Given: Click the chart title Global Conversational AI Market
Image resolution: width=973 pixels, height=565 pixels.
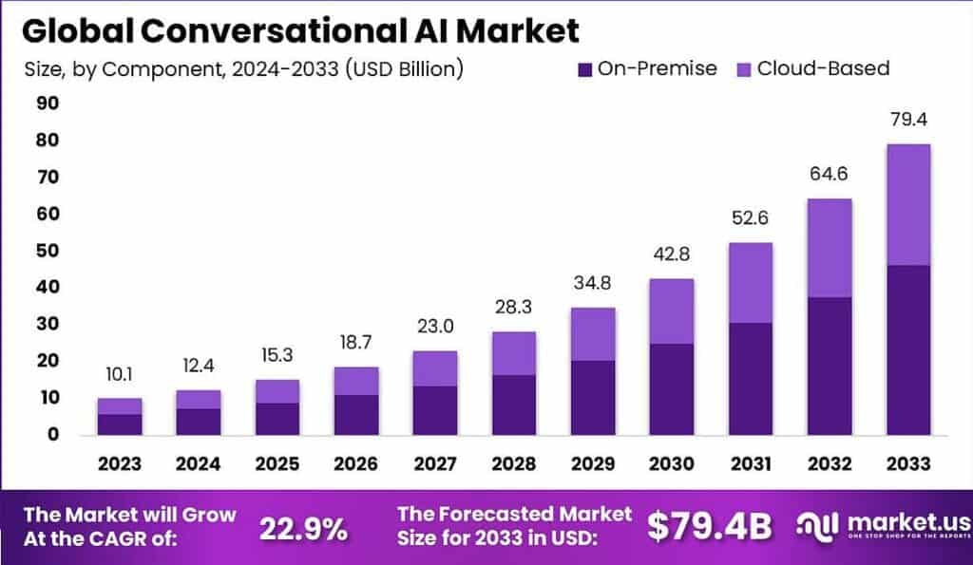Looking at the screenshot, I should point(300,30).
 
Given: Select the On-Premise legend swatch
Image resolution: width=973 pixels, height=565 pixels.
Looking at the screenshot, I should point(585,69).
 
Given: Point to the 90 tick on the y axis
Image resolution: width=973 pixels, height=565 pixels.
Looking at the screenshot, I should point(47,104).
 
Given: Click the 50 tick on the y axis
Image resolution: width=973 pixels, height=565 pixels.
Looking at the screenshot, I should point(47,251).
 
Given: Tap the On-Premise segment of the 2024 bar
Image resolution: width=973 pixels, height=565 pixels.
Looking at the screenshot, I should point(199,421).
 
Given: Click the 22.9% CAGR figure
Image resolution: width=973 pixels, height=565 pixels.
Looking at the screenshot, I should point(303,528).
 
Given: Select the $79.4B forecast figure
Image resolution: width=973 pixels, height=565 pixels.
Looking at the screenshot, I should point(709,528).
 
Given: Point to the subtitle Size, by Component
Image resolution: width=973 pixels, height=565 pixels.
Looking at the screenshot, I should point(242,69).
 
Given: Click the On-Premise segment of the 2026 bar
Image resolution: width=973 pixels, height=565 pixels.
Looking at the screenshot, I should point(355,414).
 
